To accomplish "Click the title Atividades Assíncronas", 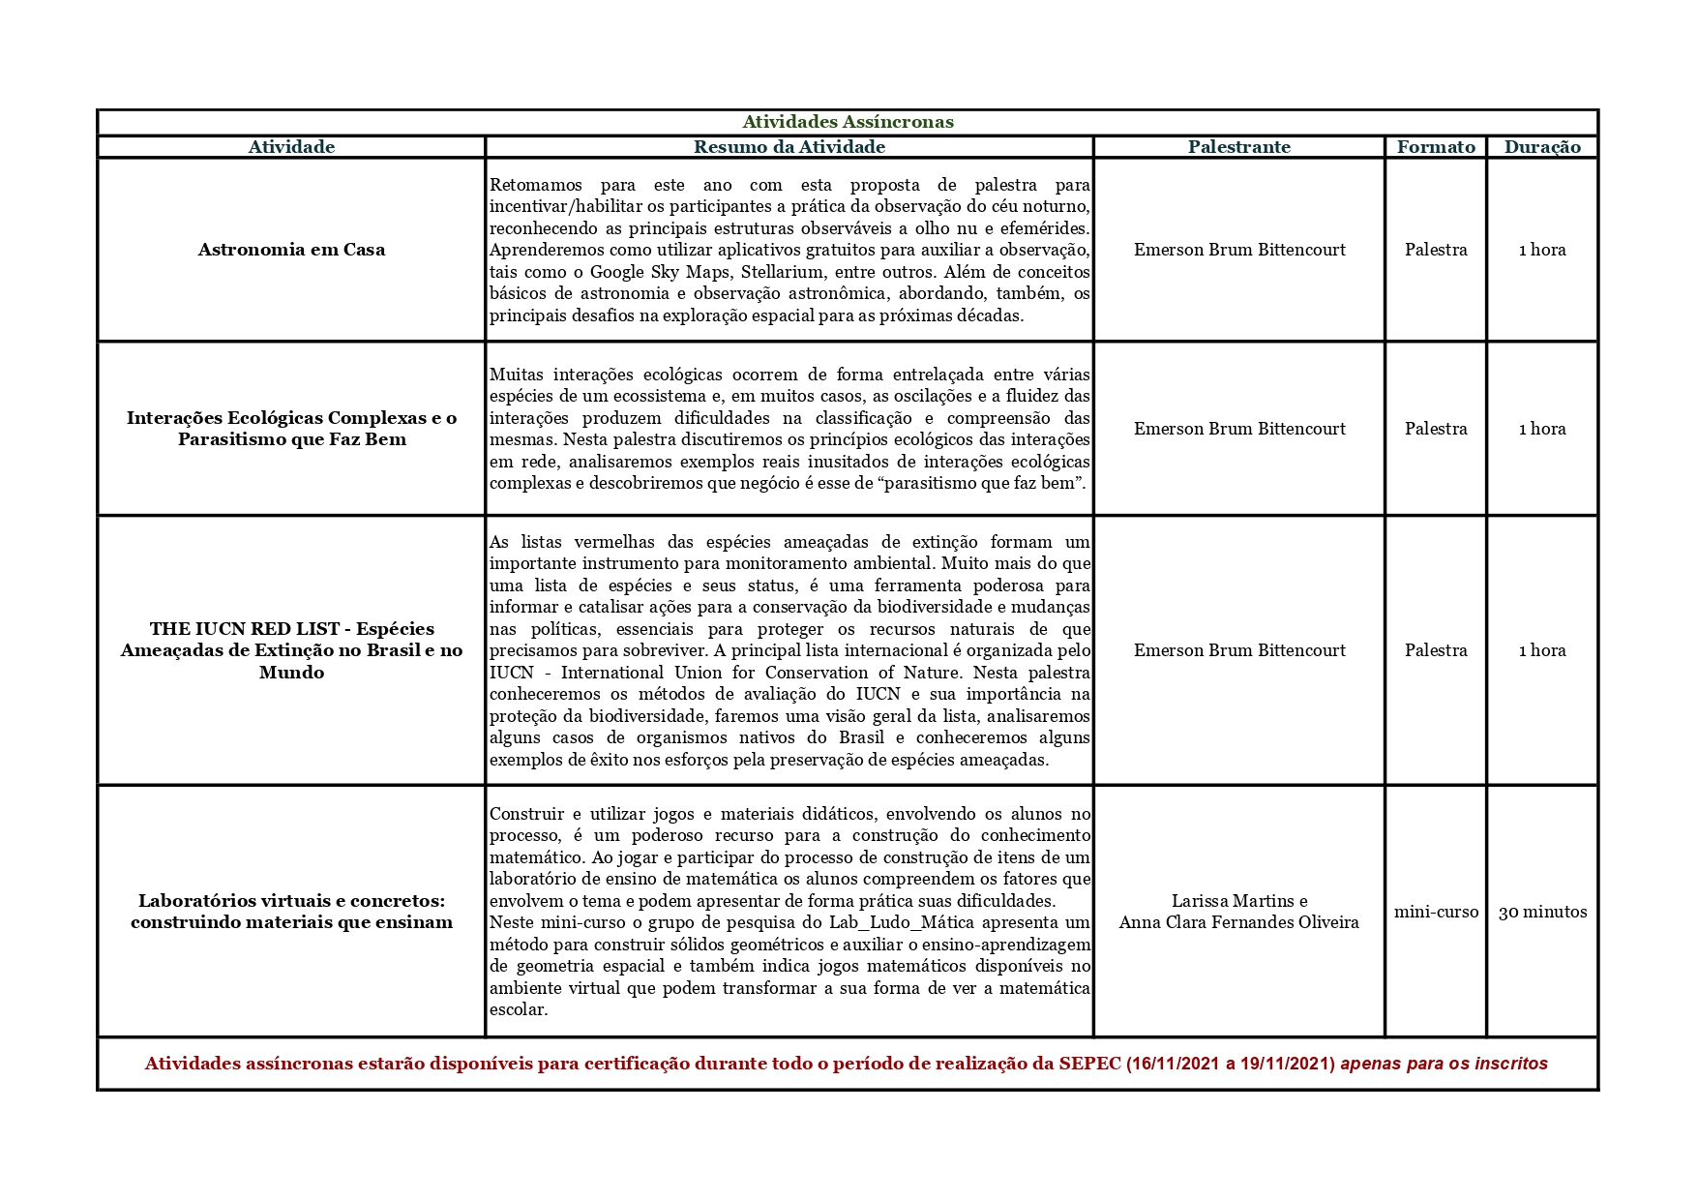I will click(x=848, y=122).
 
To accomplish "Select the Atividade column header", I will click(x=291, y=147).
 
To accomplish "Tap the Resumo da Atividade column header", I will click(x=789, y=147).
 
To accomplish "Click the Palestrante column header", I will click(x=1239, y=147).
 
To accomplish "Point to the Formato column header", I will click(x=1436, y=147).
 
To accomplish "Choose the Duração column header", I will click(x=1542, y=147).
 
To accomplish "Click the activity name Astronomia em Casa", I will click(x=291, y=250).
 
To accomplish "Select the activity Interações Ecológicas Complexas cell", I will click(x=291, y=429).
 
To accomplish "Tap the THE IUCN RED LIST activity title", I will click(x=291, y=650).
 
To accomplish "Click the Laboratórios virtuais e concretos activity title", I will click(x=291, y=912).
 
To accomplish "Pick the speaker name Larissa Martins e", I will click(x=1239, y=901).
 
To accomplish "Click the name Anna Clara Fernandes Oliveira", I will click(x=1239, y=922).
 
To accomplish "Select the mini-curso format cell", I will click(x=1436, y=912).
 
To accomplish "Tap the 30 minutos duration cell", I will click(x=1542, y=912).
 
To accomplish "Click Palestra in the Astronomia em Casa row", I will click(x=1436, y=250).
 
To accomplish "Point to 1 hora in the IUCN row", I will click(x=1542, y=650).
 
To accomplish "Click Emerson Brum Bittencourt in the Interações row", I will click(x=1239, y=429).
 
